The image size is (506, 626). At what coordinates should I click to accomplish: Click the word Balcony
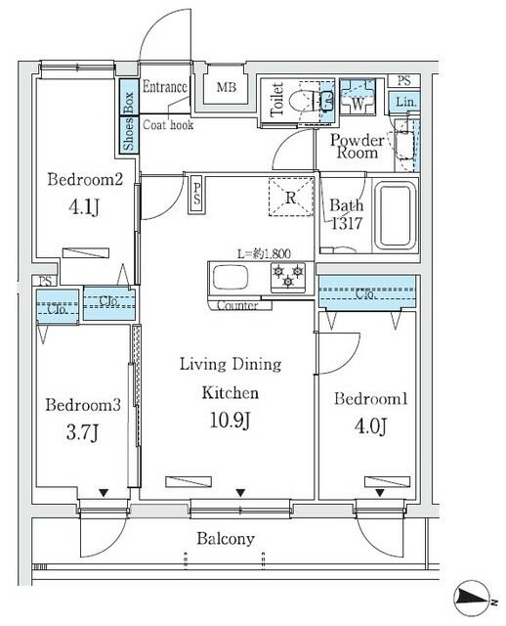pyautogui.click(x=227, y=538)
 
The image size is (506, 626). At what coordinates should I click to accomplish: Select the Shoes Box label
pyautogui.click(x=127, y=122)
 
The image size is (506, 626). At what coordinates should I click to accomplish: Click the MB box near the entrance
pyautogui.click(x=226, y=88)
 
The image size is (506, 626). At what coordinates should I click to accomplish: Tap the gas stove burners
pyautogui.click(x=287, y=276)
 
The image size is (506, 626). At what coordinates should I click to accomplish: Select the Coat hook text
pyautogui.click(x=168, y=125)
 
